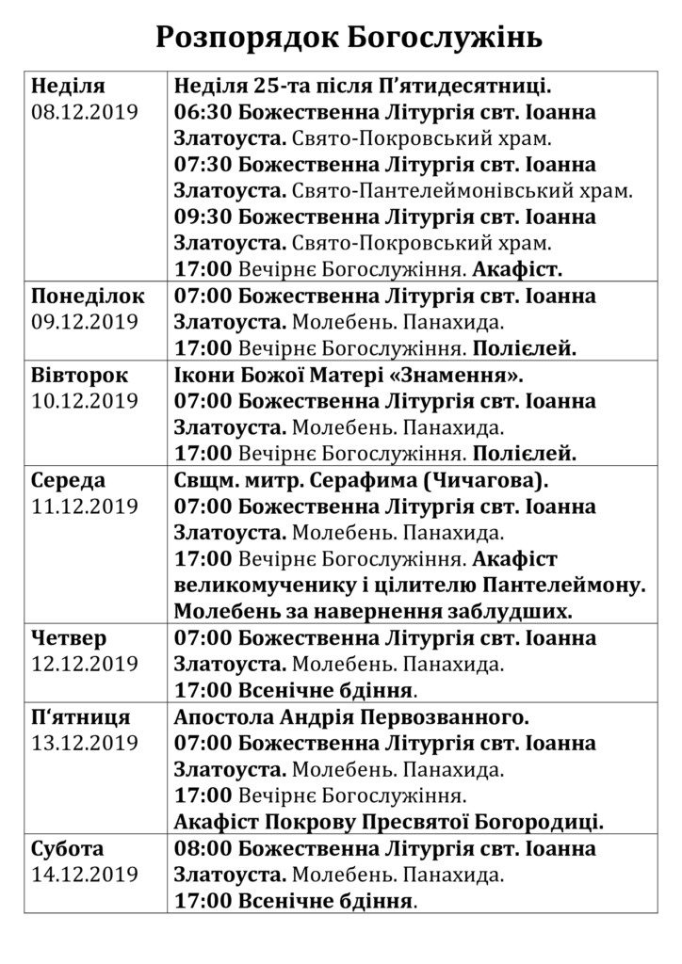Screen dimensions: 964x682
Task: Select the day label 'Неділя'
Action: pyautogui.click(x=68, y=86)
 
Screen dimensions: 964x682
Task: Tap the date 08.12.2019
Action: pyautogui.click(x=85, y=112)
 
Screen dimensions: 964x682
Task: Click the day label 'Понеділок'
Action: pyautogui.click(x=88, y=296)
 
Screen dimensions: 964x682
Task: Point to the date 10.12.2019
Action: pyautogui.click(x=85, y=401)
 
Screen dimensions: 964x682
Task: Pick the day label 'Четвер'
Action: pyautogui.click(x=69, y=638)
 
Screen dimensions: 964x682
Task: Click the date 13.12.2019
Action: pyautogui.click(x=85, y=744)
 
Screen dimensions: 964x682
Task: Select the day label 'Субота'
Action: pyautogui.click(x=68, y=848)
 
